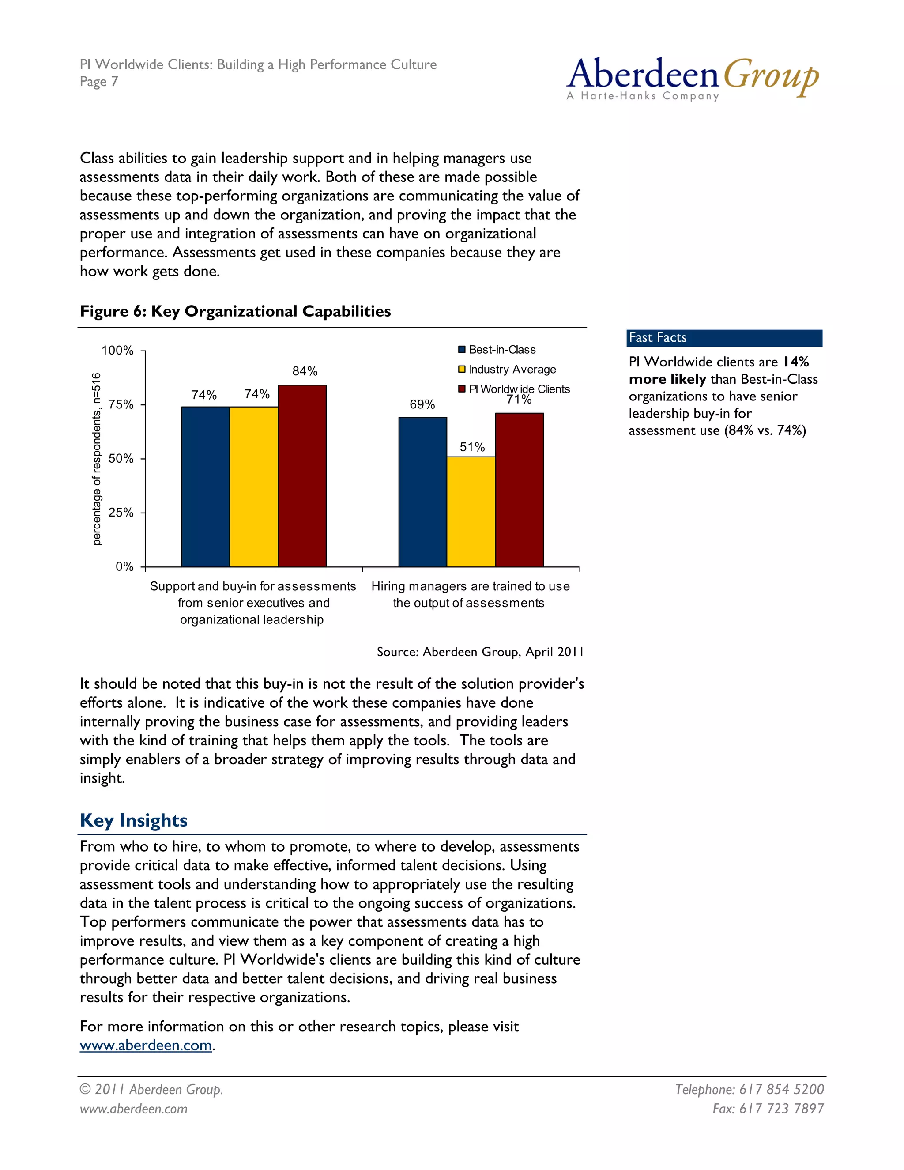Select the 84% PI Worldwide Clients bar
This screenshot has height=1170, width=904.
coord(302,476)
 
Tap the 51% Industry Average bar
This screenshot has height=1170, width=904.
coord(471,512)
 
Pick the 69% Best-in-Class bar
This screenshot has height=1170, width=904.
coord(422,492)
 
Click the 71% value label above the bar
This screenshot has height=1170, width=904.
coord(519,400)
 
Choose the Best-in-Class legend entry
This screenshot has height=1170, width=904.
coord(497,350)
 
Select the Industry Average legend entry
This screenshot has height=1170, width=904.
coord(507,370)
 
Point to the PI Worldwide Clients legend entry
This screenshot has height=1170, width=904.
coord(514,389)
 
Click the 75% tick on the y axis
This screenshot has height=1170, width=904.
coord(121,404)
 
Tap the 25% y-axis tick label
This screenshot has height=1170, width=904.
coord(121,513)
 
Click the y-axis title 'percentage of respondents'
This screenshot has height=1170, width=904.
coord(96,459)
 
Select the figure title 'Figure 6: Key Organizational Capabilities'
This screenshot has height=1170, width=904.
coord(235,311)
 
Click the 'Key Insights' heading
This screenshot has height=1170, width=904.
coord(133,820)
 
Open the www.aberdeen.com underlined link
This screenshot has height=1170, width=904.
coord(146,1045)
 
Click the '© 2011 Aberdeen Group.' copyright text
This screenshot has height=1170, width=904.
coord(151,1089)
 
